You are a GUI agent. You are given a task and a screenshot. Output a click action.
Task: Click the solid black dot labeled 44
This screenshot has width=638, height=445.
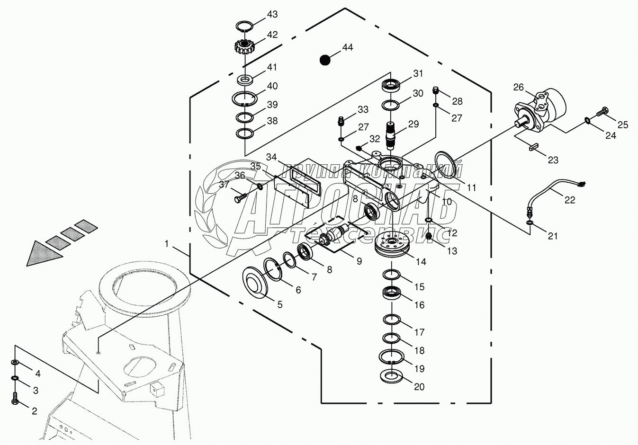(325, 60)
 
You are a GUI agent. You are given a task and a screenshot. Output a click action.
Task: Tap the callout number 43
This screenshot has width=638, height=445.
(272, 14)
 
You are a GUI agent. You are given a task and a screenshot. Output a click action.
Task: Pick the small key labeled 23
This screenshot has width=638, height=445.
(534, 147)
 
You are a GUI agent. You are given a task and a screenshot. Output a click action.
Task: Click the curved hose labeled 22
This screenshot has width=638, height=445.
(555, 200)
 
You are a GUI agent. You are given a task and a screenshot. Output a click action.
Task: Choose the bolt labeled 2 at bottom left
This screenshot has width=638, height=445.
(15, 398)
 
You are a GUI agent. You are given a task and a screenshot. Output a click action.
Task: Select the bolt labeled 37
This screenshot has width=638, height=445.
(241, 197)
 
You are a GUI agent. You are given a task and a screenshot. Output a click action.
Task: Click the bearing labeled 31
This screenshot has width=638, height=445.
(391, 85)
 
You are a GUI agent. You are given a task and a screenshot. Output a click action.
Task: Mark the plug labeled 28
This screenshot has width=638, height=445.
(435, 91)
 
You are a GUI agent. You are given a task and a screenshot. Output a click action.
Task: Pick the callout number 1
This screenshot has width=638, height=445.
(167, 244)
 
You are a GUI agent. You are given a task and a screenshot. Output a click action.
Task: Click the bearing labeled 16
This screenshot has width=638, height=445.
(392, 293)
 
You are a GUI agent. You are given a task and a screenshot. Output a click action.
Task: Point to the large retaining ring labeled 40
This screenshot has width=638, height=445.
(244, 99)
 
